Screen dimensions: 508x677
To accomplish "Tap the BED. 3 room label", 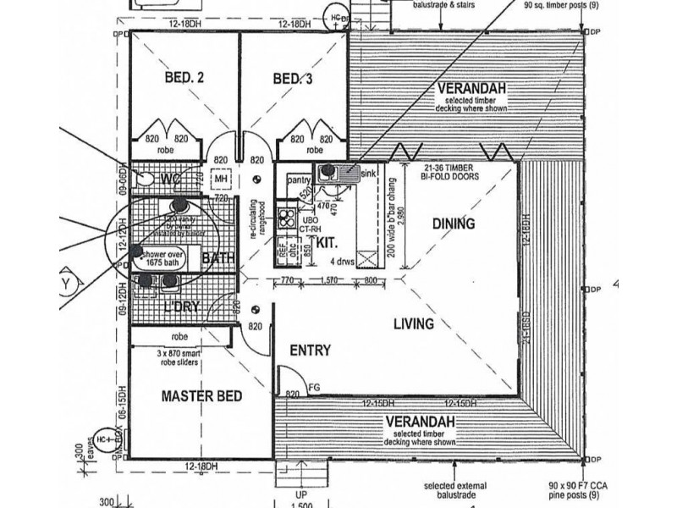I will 293,79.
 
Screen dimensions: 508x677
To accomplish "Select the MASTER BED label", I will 202,395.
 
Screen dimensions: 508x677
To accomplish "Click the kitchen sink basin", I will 329,173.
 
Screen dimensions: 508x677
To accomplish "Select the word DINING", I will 452,224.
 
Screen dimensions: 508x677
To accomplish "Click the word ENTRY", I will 309,351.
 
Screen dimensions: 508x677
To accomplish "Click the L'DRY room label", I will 181,307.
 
